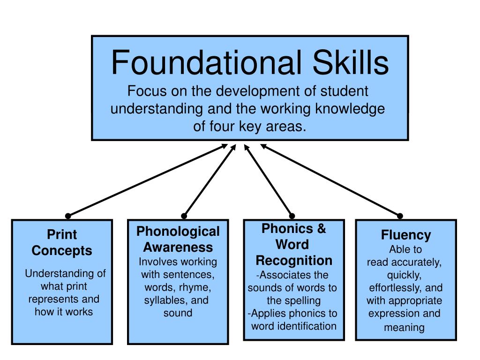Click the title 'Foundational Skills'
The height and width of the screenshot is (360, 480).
pos(249,63)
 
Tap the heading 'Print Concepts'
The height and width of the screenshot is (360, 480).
pos(62,242)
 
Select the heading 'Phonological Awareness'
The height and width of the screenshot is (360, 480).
pos(178,239)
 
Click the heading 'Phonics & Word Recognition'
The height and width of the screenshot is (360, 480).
pos(294,244)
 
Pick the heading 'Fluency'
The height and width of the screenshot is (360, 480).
pos(406,234)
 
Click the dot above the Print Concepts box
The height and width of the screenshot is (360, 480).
pos(68,216)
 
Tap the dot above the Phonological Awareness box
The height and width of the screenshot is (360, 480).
pos(184,216)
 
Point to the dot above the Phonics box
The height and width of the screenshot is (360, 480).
pos(292,216)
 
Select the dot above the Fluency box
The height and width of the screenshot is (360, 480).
pos(400,216)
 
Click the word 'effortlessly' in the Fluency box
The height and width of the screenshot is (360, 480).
pos(394,288)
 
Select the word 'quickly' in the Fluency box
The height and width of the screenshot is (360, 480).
pos(404,275)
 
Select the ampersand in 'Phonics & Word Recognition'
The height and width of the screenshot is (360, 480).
pos(321,229)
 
